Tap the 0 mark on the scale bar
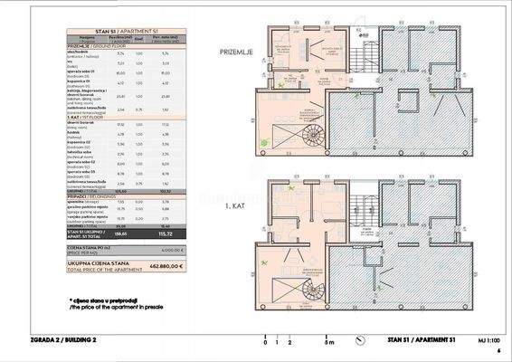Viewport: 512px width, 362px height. pyautogui.click(x=264, y=344)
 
